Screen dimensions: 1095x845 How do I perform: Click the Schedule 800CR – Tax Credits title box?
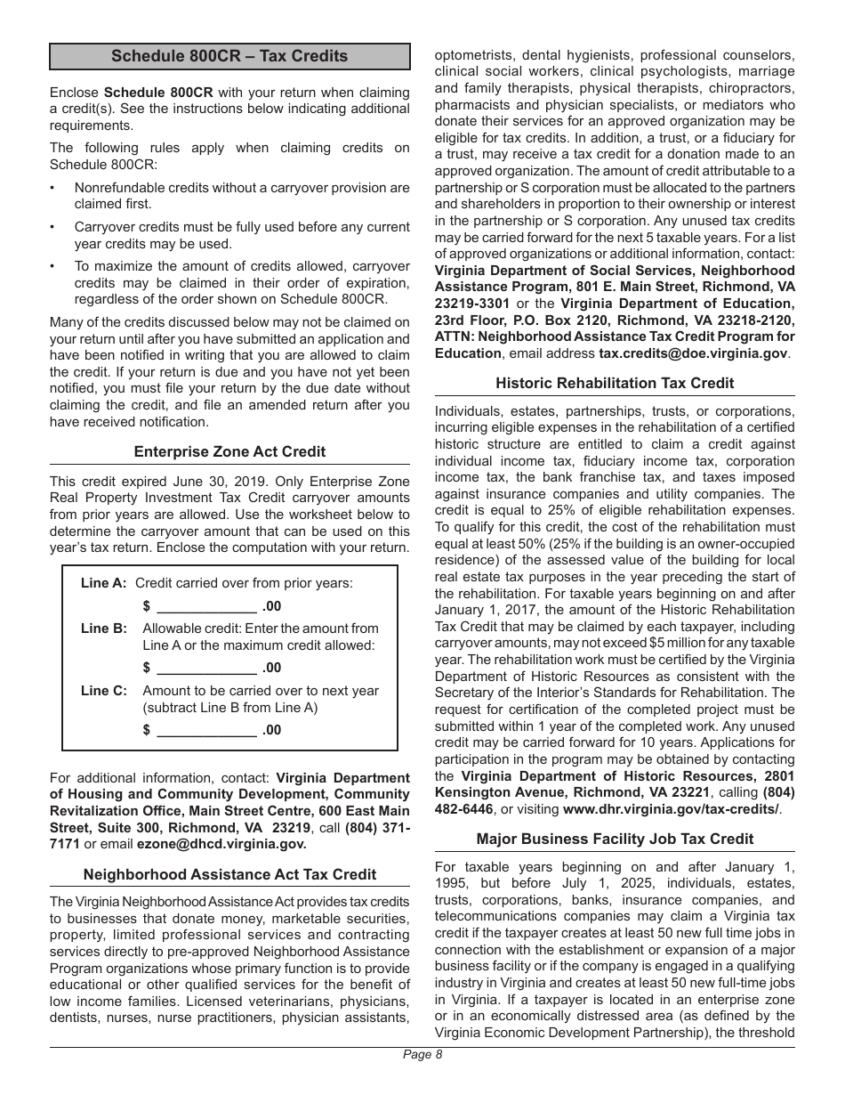point(229,56)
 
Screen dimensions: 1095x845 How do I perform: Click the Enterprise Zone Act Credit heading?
point(229,451)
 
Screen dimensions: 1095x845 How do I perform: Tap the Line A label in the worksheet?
point(103,583)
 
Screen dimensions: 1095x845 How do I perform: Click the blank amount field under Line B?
point(206,668)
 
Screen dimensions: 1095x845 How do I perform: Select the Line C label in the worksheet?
point(103,691)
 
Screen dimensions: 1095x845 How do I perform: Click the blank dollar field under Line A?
point(206,607)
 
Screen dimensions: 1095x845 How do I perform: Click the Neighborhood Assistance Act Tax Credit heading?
point(229,874)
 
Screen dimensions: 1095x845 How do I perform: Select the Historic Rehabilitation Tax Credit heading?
point(615,383)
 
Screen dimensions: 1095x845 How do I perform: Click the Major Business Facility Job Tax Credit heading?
point(615,839)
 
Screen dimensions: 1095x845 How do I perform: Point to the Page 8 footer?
point(422,1055)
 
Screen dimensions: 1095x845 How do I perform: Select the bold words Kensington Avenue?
point(492,792)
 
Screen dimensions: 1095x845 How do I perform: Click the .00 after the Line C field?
point(271,730)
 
